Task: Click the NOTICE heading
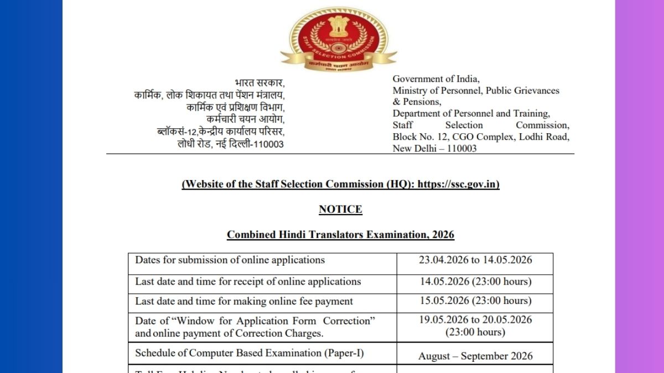pyautogui.click(x=340, y=209)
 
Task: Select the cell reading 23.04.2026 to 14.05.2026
pyautogui.click(x=475, y=260)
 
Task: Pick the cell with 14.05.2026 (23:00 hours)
pyautogui.click(x=475, y=282)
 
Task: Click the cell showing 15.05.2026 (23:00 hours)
pyautogui.click(x=475, y=301)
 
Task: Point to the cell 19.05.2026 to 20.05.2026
pyautogui.click(x=475, y=321)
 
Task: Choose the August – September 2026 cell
pyautogui.click(x=475, y=356)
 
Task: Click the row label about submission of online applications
pyautogui.click(x=230, y=260)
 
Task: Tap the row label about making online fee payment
pyautogui.click(x=244, y=301)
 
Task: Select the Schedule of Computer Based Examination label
pyautogui.click(x=250, y=353)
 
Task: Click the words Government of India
pyautogui.click(x=436, y=79)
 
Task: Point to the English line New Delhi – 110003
pyautogui.click(x=434, y=149)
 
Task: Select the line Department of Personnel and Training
pyautogui.click(x=471, y=114)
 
